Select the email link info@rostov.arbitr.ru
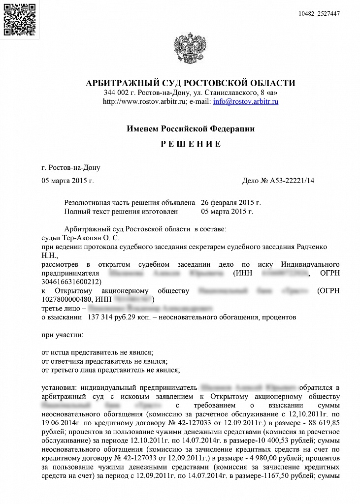(246, 102)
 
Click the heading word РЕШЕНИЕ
(191, 144)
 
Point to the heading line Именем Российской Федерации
(191, 129)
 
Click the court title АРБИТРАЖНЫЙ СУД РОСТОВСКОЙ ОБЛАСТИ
(191, 83)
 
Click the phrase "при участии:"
(63, 335)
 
